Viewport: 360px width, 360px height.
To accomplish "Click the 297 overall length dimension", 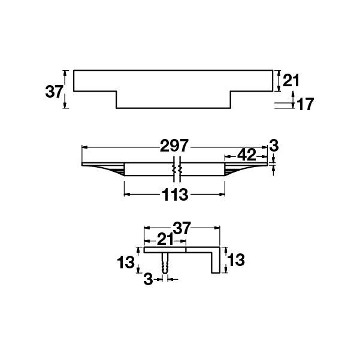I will click(175, 146).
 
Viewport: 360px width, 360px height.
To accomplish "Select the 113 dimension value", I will click(175, 195).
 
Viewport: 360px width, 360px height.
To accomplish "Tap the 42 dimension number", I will click(247, 155).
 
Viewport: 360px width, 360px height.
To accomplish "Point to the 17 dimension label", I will click(305, 104).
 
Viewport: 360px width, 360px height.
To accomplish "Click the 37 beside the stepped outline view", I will click(55, 92).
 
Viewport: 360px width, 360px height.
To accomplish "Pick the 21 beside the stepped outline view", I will click(291, 80).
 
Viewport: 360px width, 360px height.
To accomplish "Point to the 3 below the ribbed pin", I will click(148, 279).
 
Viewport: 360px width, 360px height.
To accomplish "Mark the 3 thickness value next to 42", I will click(274, 145).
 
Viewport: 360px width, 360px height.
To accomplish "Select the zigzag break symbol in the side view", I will click(176, 170).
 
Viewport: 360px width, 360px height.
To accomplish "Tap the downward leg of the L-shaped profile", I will click(214, 262).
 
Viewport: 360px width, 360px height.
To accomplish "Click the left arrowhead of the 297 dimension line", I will click(84, 146).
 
